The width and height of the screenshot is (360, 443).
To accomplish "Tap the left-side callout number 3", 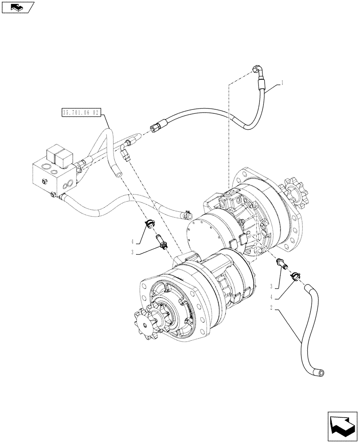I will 132,253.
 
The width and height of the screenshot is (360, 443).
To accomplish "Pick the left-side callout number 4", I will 132,241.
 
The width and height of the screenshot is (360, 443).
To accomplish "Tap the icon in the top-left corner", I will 18,7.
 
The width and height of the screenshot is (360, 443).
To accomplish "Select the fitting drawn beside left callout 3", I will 160,243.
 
